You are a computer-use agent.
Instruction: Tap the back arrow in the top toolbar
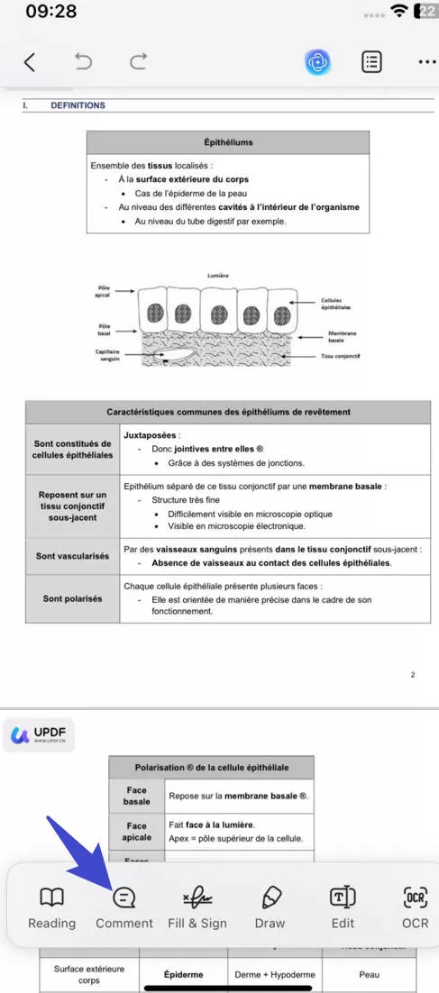30,61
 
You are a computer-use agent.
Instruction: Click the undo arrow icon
83,61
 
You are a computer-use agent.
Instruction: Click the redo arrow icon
138,61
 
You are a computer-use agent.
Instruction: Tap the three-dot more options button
425,62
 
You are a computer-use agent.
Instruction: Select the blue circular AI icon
317,61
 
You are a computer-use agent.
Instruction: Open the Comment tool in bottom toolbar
124,906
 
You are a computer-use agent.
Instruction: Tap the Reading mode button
51,906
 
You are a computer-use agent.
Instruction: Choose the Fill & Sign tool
197,906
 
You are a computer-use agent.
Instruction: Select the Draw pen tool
270,906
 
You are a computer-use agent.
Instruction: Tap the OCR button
415,906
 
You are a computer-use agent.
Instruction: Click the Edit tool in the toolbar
343,906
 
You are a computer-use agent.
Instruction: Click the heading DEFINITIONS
78,105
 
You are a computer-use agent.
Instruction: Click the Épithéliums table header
228,142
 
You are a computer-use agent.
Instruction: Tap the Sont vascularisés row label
73,556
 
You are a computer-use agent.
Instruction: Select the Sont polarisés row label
73,598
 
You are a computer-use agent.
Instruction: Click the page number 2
412,674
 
